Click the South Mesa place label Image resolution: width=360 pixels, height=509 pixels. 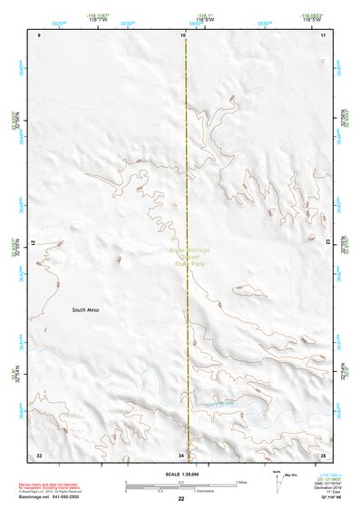click(x=86, y=309)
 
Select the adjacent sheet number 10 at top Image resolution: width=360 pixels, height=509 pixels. click(x=182, y=34)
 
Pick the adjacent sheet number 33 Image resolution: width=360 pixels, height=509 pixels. click(x=39, y=454)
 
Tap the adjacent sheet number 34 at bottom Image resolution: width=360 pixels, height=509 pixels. click(x=181, y=454)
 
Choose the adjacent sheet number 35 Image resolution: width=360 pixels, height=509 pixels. click(x=325, y=454)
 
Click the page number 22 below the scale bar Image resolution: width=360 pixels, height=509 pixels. click(x=181, y=500)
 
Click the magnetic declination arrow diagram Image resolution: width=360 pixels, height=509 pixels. click(x=279, y=482)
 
